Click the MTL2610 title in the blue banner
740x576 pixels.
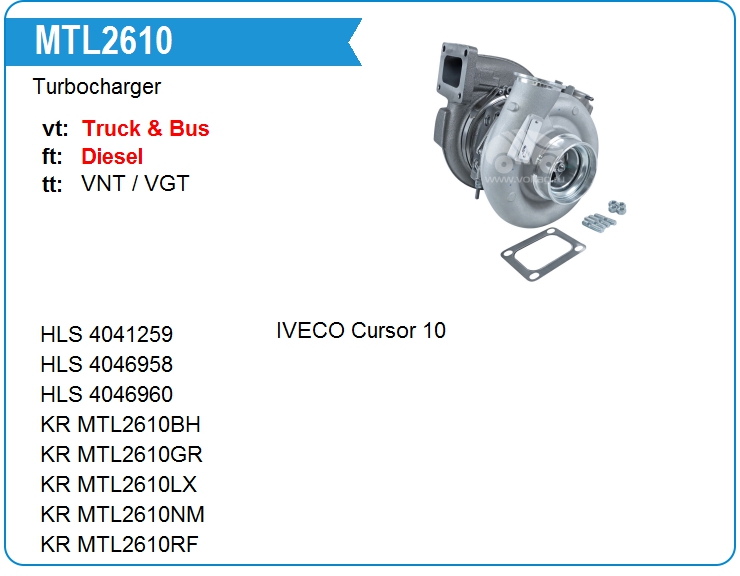point(104,41)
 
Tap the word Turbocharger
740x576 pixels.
point(97,87)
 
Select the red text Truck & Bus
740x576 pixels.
point(145,128)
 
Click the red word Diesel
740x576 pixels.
point(112,156)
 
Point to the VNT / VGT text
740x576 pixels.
point(135,183)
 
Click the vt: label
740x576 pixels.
point(55,129)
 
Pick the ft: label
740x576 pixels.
point(52,156)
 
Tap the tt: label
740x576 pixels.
point(52,184)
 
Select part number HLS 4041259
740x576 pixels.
point(107,334)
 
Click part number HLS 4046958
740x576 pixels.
point(107,364)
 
